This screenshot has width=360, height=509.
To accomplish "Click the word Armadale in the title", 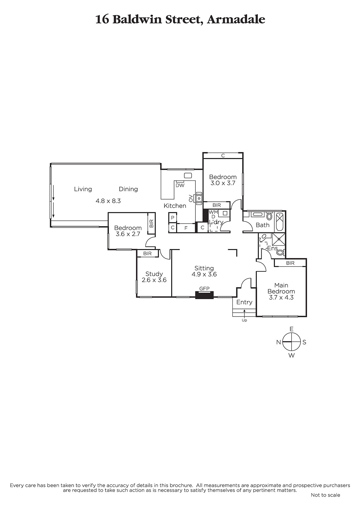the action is [236, 19].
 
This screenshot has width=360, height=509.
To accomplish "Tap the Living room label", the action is [83, 189].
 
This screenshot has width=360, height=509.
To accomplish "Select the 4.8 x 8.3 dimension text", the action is [108, 201].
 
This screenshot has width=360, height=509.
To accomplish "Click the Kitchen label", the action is [175, 206].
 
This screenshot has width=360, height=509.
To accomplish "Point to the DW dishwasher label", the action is [180, 185].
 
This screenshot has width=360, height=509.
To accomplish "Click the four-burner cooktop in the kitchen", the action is [199, 198].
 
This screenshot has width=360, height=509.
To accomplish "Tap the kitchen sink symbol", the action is [188, 175].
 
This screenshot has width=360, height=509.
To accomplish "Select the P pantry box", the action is [173, 218].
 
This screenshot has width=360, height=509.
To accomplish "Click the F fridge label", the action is [186, 228].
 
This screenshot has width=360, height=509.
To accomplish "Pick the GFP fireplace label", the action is [204, 289].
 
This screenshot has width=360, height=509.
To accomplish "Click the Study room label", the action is [154, 274].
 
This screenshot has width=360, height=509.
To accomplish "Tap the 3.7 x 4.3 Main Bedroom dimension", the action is [281, 297].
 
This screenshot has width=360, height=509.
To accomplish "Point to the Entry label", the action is [244, 302].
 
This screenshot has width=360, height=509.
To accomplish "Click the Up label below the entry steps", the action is [244, 320].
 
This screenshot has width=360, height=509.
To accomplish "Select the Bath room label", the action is [262, 225].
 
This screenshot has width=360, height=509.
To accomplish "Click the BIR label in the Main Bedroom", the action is [290, 263].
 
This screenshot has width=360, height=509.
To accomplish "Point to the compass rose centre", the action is [291, 342].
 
